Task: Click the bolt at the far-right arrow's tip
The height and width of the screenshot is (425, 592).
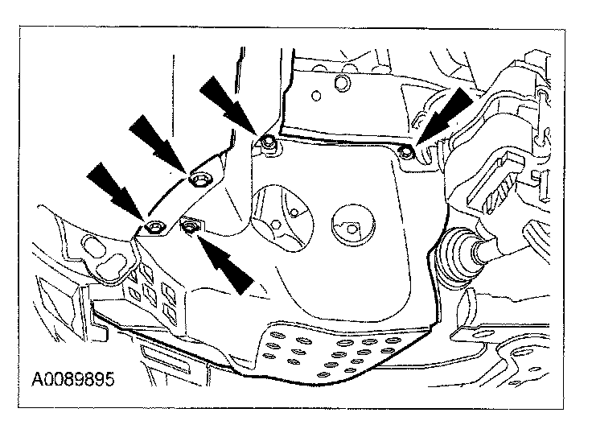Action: tap(408, 150)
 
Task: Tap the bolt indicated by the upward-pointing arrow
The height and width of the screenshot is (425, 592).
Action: tap(190, 229)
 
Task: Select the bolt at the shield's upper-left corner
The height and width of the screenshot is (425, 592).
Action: tap(268, 143)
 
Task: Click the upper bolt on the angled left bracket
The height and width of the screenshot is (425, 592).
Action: tap(197, 178)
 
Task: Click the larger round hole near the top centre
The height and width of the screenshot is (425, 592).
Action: tap(341, 84)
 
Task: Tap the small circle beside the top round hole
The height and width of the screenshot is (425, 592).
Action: tap(319, 97)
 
